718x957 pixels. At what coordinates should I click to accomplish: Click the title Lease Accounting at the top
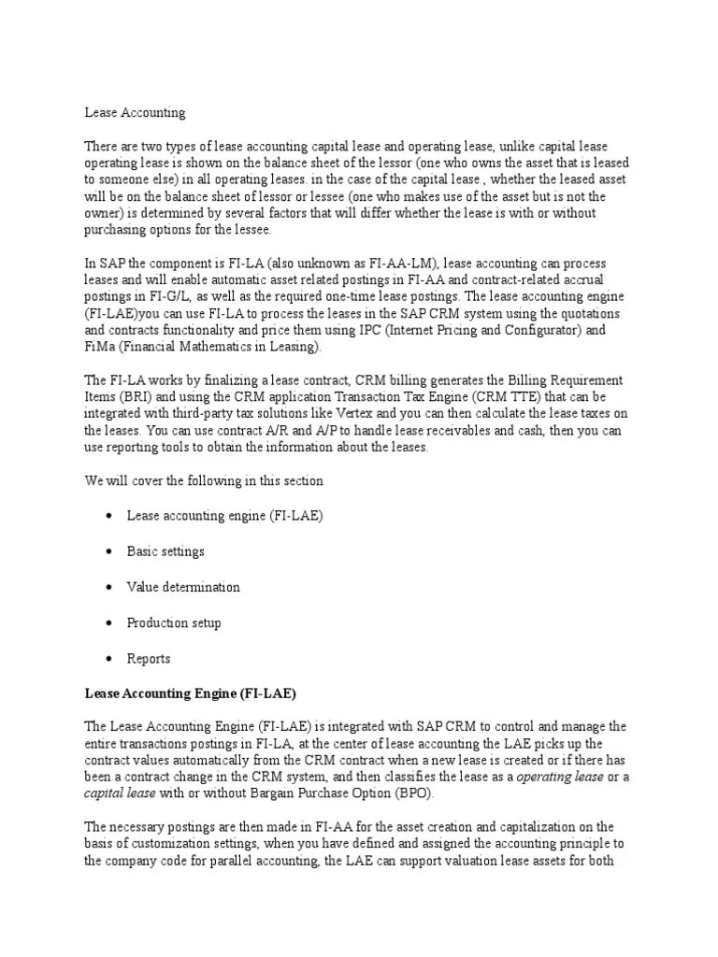135,112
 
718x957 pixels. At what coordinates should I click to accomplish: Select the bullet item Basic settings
165,551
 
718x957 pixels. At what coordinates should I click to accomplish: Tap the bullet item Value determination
183,587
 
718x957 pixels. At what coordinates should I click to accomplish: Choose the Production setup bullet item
174,622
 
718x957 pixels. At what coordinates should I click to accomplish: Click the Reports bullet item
149,658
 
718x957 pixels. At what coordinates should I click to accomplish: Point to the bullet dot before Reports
110,659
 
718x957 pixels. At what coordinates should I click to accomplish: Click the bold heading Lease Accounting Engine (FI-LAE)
190,693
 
